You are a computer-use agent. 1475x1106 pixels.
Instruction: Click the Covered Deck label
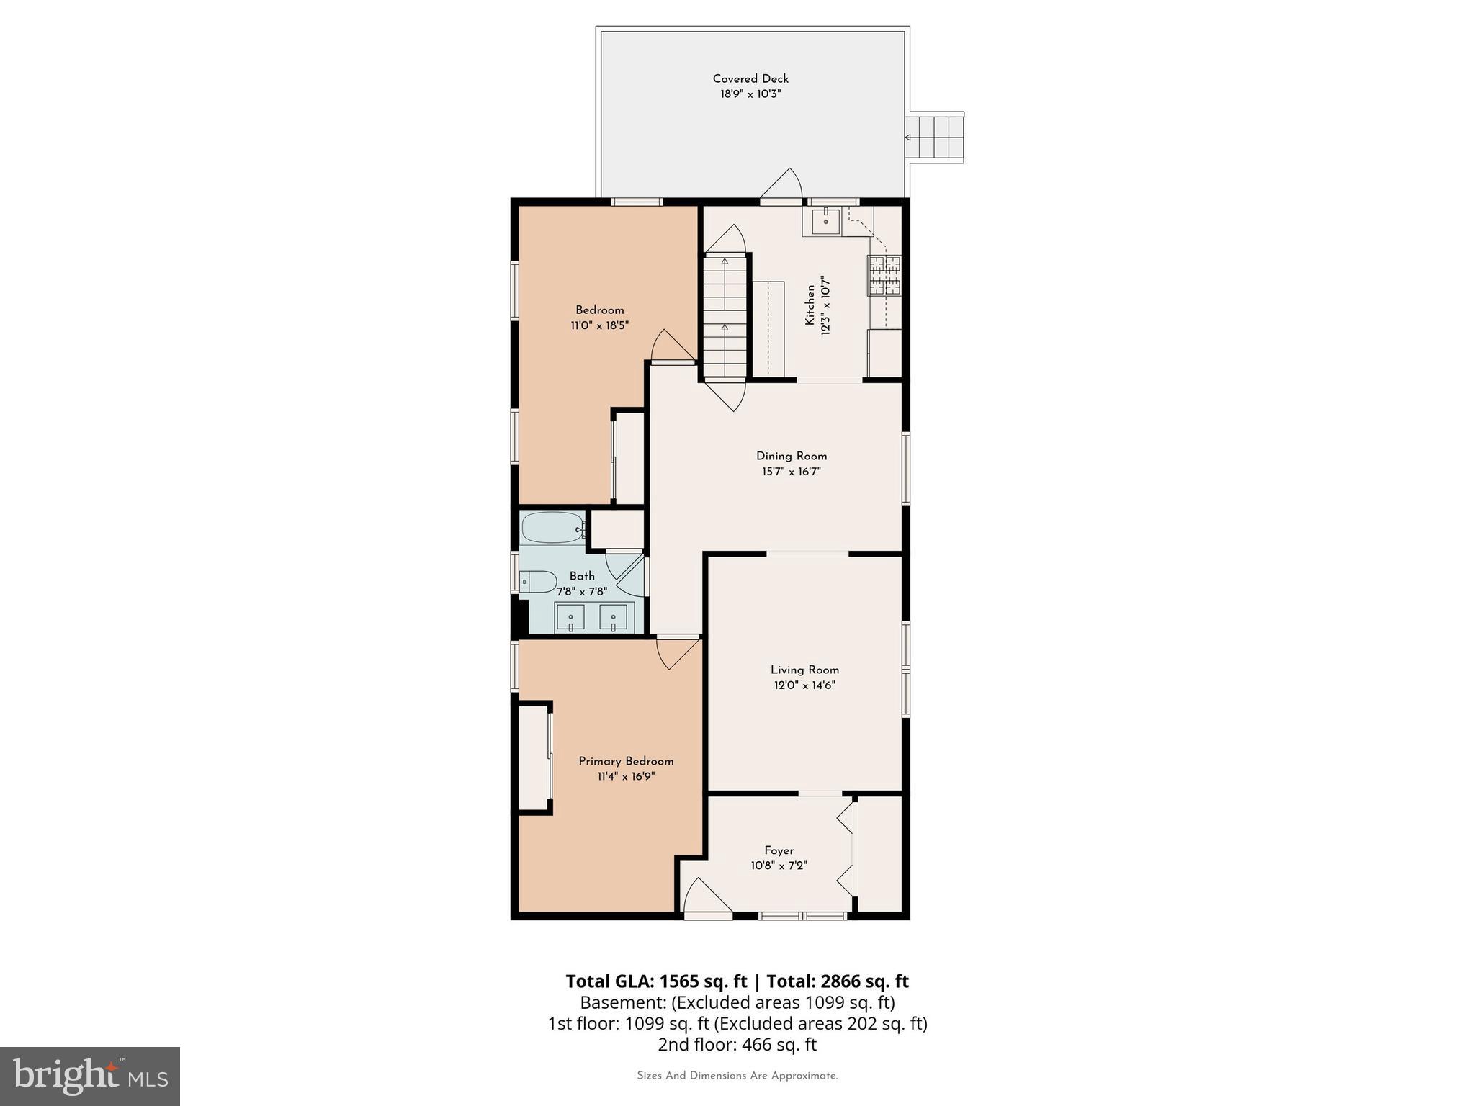pyautogui.click(x=750, y=78)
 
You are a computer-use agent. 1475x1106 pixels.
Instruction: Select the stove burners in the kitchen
pyautogui.click(x=884, y=276)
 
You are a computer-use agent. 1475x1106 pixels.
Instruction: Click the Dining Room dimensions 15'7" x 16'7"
pyautogui.click(x=792, y=472)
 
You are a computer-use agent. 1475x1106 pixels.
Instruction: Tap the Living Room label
pyautogui.click(x=804, y=670)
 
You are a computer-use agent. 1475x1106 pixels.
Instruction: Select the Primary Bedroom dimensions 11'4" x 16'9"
pyautogui.click(x=626, y=777)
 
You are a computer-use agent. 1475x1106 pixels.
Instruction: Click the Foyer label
pyautogui.click(x=779, y=850)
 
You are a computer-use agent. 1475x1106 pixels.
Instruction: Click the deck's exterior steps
pyautogui.click(x=935, y=138)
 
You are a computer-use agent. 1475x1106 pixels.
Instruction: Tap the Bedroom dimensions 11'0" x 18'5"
pyautogui.click(x=599, y=325)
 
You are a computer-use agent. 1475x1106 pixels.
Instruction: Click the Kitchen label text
pyautogui.click(x=810, y=305)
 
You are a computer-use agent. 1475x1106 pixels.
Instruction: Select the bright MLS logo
pyautogui.click(x=90, y=1076)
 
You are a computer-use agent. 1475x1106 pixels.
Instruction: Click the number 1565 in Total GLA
pyautogui.click(x=678, y=981)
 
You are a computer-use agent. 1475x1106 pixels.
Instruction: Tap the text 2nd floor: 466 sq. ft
pyautogui.click(x=737, y=1044)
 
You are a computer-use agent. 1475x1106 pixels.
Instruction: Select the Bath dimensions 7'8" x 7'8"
pyautogui.click(x=582, y=591)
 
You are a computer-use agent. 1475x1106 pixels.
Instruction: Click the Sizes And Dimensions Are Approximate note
pyautogui.click(x=737, y=1076)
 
